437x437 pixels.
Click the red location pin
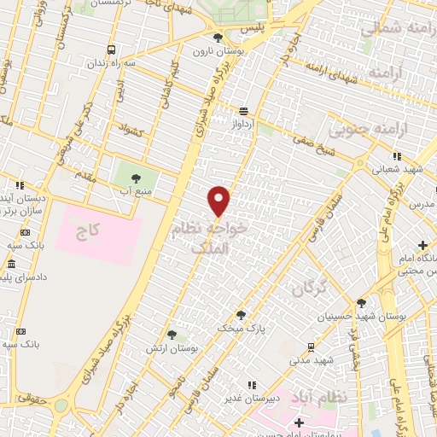click(220, 201)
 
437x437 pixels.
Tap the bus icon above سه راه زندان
click(111, 50)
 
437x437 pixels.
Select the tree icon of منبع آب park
click(136, 178)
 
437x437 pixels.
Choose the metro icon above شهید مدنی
click(311, 347)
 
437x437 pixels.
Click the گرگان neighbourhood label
click(310, 289)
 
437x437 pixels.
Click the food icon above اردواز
click(245, 111)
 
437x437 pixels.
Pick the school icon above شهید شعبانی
click(396, 156)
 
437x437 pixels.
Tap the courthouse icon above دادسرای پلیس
click(10, 265)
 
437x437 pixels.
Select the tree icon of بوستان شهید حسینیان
click(361, 303)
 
